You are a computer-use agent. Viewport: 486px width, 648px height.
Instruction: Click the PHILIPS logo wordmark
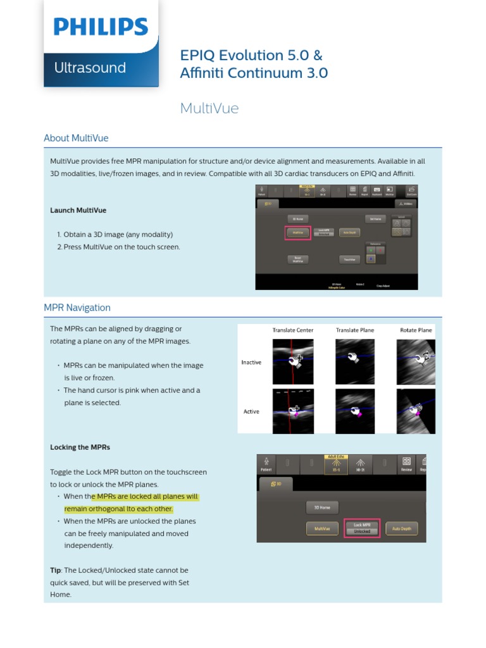point(101,27)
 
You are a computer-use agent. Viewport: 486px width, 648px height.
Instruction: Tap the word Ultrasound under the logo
point(90,68)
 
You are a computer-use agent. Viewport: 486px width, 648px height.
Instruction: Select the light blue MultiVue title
point(209,108)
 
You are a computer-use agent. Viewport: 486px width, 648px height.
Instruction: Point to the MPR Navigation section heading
point(77,308)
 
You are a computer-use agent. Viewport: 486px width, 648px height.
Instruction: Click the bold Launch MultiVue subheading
point(78,210)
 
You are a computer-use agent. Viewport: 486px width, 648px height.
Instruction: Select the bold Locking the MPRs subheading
point(80,447)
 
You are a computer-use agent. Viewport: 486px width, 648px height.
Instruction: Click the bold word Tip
point(56,570)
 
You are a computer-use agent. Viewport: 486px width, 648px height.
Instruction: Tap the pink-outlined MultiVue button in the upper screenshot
point(297,233)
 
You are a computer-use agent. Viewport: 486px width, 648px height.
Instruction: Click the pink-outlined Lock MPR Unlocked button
point(362,528)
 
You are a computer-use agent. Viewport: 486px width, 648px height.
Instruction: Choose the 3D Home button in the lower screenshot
point(322,507)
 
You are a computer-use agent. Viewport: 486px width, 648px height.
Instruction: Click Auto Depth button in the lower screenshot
point(401,528)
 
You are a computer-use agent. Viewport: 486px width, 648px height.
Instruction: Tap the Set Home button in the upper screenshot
point(375,219)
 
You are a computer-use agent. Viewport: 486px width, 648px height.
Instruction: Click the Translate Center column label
point(292,330)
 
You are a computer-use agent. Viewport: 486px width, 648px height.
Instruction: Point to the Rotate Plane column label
point(416,330)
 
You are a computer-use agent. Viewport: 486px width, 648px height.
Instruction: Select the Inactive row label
point(251,363)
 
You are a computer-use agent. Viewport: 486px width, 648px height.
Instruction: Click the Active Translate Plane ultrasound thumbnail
point(354,411)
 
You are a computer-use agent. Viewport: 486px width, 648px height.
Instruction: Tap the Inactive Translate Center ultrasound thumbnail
point(292,362)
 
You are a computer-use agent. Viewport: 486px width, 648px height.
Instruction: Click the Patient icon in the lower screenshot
point(266,464)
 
